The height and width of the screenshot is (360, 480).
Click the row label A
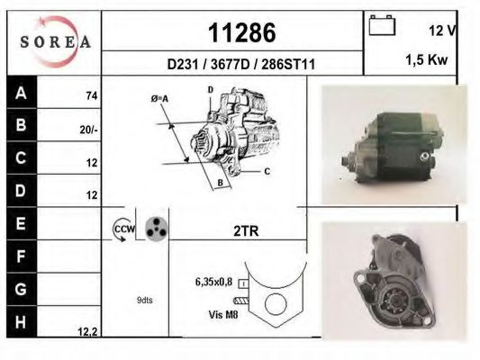click(21, 93)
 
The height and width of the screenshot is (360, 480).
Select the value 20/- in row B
click(88, 130)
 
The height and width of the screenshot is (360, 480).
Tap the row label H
click(21, 319)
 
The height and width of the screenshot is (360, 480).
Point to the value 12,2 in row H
click(87, 332)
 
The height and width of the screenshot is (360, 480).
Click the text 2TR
click(245, 231)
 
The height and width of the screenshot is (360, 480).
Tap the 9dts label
click(145, 301)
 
